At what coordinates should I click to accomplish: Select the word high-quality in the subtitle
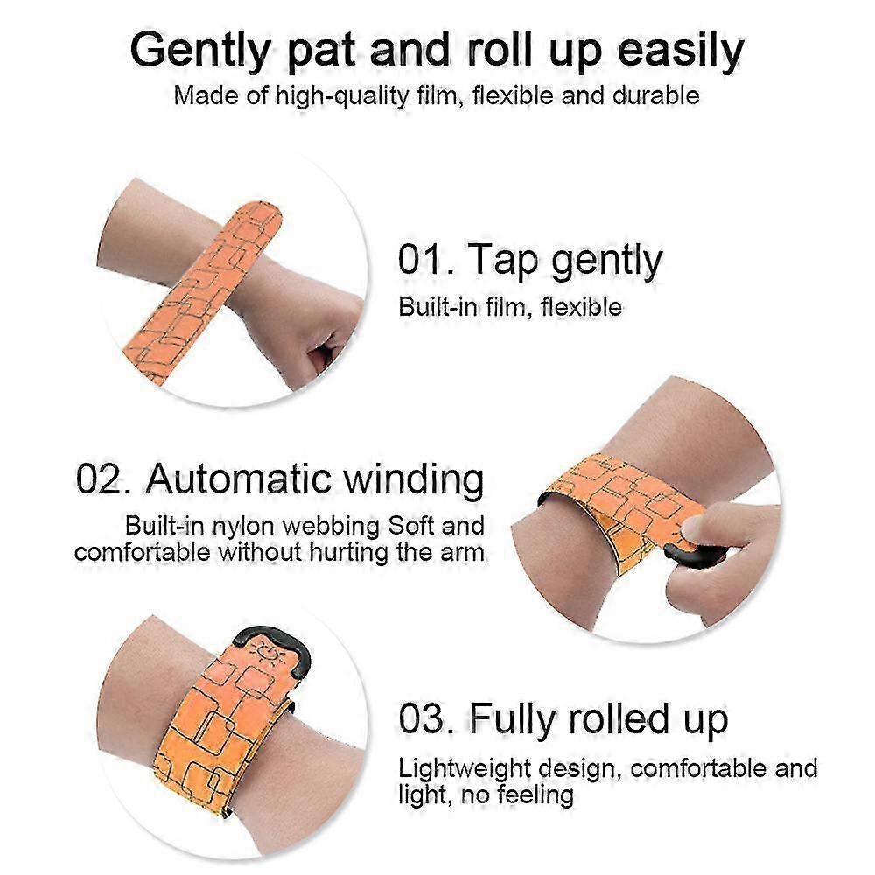[x=342, y=96]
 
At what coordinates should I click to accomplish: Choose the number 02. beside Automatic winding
[x=103, y=479]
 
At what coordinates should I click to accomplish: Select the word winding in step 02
[x=414, y=479]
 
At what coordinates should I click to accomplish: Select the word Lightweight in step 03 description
[x=465, y=769]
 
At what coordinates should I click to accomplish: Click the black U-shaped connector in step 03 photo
[x=273, y=648]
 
